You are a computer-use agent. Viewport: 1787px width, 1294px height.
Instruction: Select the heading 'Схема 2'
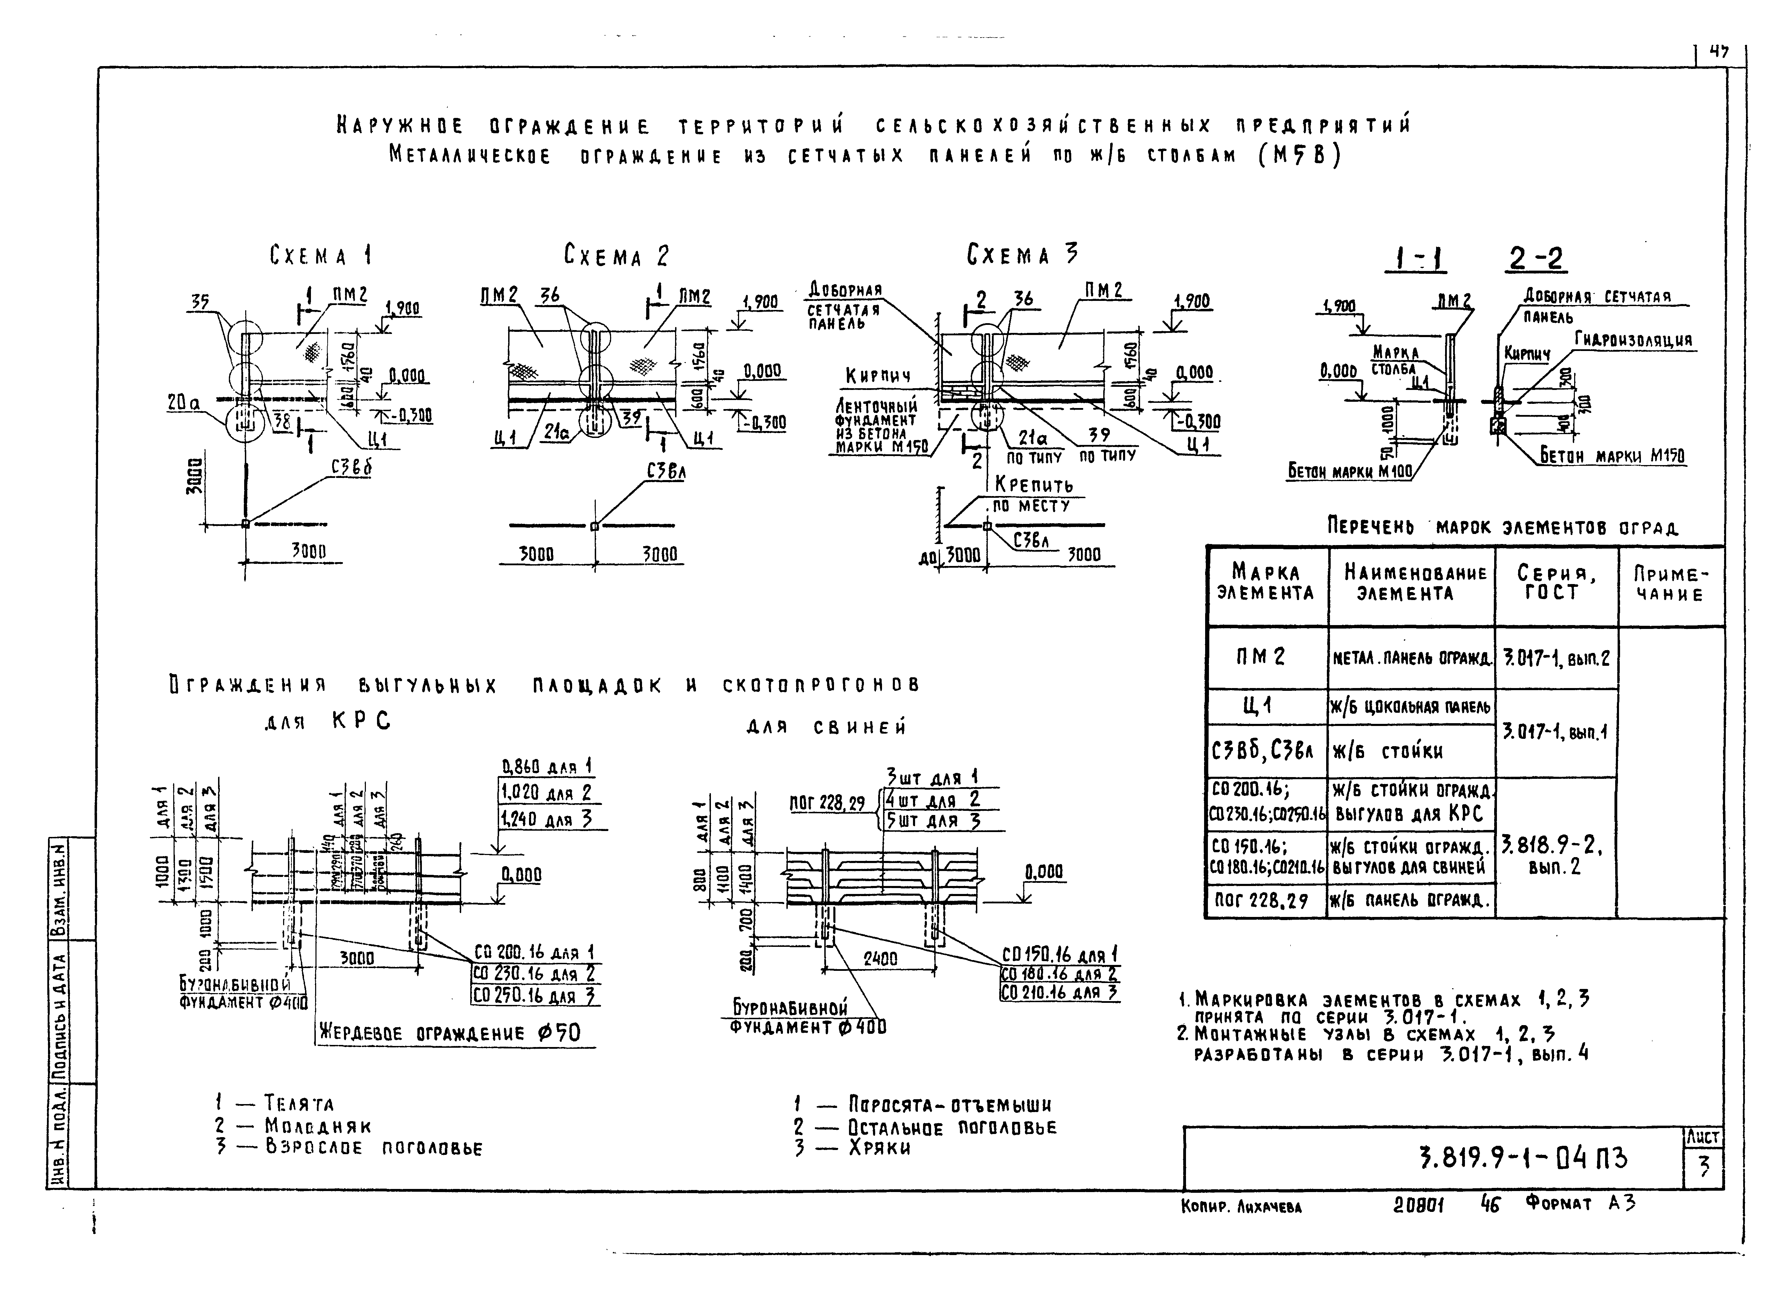[616, 255]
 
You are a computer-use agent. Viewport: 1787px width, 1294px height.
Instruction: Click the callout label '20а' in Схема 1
[183, 403]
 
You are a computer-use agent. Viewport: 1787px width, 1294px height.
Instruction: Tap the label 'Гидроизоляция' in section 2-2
[1633, 340]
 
